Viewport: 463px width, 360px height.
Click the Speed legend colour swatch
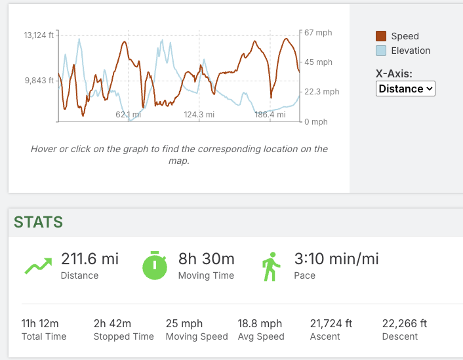coord(381,36)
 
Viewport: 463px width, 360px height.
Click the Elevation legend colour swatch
coord(381,50)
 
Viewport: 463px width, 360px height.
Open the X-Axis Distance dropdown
coord(405,89)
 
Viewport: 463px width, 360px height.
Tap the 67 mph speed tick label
coord(318,32)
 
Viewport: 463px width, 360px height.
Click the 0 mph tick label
coord(316,122)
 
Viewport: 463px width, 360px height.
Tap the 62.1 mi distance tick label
coord(129,115)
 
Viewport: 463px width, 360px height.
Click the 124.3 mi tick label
coord(199,115)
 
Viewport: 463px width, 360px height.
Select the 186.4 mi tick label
coord(270,115)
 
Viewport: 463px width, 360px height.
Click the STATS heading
coord(39,222)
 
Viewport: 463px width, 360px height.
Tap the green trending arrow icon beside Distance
coord(38,265)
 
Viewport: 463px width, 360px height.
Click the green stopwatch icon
coord(155,265)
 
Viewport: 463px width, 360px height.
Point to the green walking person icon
coord(270,266)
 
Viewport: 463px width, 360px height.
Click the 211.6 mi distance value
coord(90,259)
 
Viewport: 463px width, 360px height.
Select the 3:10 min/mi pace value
coord(336,259)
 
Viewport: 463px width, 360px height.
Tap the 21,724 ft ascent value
coord(331,323)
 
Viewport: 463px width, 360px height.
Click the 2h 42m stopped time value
coord(112,323)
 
